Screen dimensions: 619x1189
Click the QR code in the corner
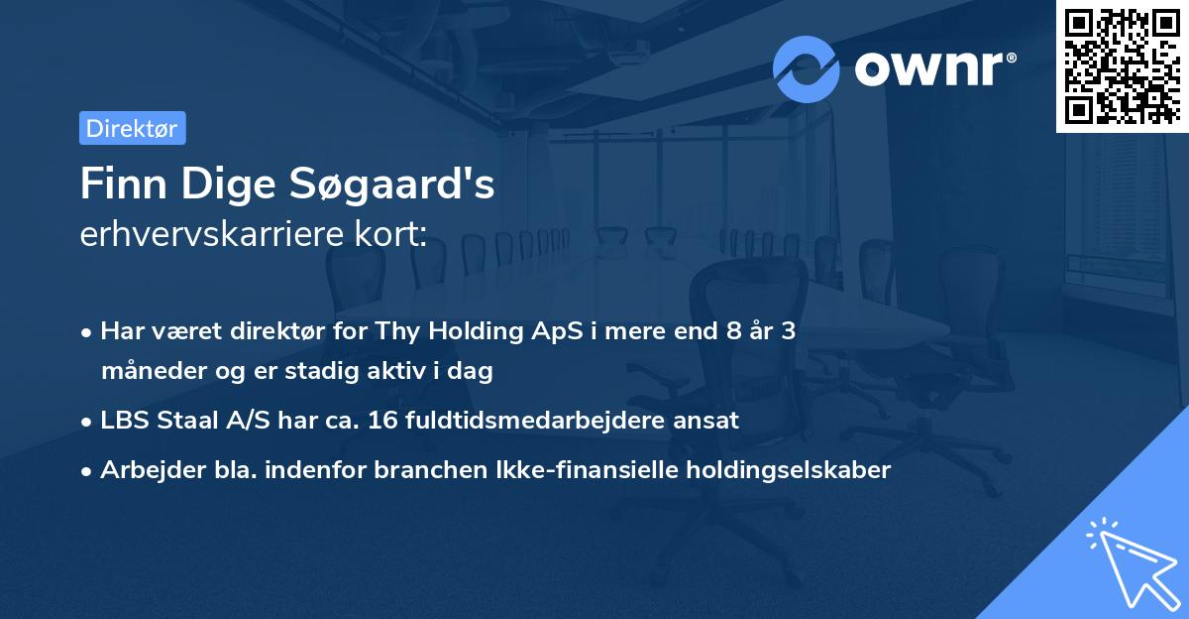click(x=1123, y=65)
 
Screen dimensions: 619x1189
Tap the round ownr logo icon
click(x=807, y=68)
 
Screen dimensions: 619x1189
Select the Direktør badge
click(x=132, y=128)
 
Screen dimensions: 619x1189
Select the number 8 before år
click(x=733, y=331)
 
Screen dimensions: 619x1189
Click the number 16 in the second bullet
click(x=382, y=421)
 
